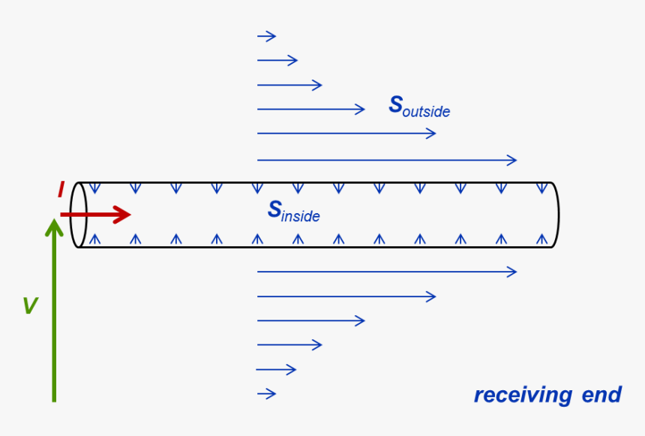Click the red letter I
tap(61, 191)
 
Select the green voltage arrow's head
tap(54, 225)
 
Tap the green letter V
tap(30, 305)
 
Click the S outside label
tap(418, 107)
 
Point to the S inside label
tap(293, 212)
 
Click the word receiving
tap(523, 395)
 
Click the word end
tap(601, 395)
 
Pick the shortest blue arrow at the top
tap(266, 36)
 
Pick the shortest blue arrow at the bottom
tap(266, 393)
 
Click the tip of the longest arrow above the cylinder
tap(515, 160)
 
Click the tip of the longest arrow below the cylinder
tap(515, 272)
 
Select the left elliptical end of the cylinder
tap(78, 215)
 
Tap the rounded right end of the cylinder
tap(555, 215)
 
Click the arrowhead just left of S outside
tap(361, 110)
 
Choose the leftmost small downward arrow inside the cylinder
tap(95, 188)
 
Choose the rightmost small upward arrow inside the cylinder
tap(541, 239)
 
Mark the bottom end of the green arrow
tap(54, 399)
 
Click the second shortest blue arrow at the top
tap(277, 61)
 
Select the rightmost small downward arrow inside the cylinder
tap(541, 188)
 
